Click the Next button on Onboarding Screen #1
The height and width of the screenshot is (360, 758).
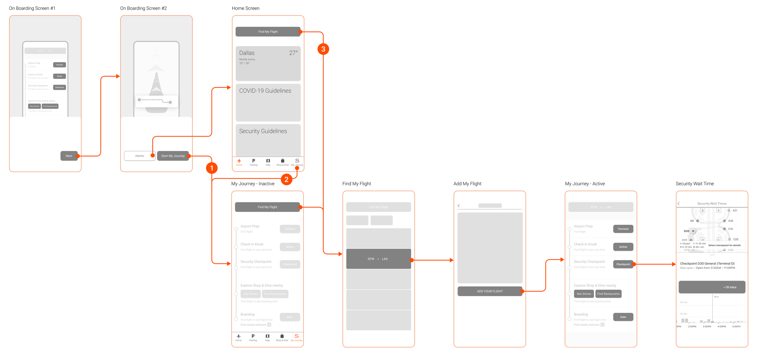point(69,156)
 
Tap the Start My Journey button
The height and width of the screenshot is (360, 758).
point(173,156)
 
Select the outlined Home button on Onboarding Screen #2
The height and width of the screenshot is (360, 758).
point(139,156)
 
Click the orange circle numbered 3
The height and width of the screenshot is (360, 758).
point(323,49)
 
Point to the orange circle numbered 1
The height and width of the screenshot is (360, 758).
point(212,168)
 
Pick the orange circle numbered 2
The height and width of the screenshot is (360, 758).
point(286,179)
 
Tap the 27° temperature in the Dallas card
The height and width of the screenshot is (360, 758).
point(293,53)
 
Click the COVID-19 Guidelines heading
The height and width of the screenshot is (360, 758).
point(265,91)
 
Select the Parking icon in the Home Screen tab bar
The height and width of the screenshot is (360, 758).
point(253,161)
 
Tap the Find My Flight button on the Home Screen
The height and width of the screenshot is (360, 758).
point(268,32)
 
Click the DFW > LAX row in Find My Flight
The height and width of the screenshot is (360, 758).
point(378,259)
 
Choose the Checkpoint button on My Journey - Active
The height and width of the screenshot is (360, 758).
point(623,264)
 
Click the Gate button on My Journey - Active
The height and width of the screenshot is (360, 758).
point(623,317)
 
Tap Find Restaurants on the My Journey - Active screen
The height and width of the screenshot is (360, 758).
point(608,294)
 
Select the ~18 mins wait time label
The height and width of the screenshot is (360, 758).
point(729,287)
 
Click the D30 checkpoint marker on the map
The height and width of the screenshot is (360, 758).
point(693,231)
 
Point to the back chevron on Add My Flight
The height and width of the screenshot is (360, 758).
point(459,205)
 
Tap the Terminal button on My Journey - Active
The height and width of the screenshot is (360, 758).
point(623,229)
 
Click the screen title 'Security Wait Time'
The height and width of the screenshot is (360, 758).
point(694,184)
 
